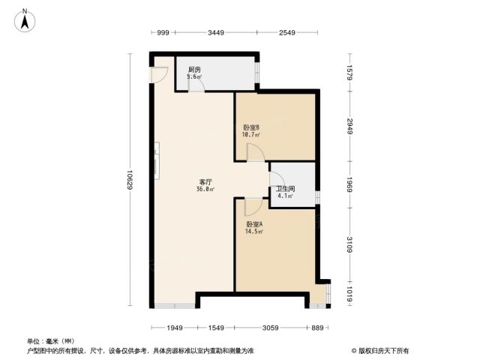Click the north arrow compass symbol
[25, 20]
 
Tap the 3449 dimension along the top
[216, 32]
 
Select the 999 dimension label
[163, 32]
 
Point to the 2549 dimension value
[286, 32]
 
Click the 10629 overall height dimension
[130, 179]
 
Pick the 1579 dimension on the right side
[350, 73]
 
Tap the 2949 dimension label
[350, 126]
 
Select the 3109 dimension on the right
[350, 244]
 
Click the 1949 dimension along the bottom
[175, 328]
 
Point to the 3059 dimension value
[271, 328]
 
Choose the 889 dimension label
[317, 328]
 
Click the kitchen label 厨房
[195, 70]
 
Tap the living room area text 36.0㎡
[205, 189]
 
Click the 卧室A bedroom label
[254, 224]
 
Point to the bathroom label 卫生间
[285, 189]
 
